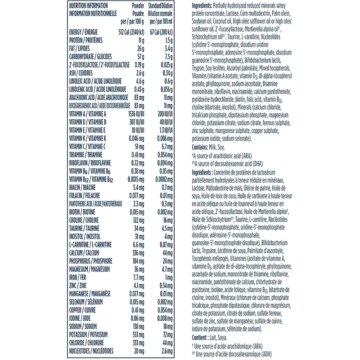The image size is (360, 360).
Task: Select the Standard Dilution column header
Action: point(161,6)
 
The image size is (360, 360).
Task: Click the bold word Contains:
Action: point(202,147)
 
